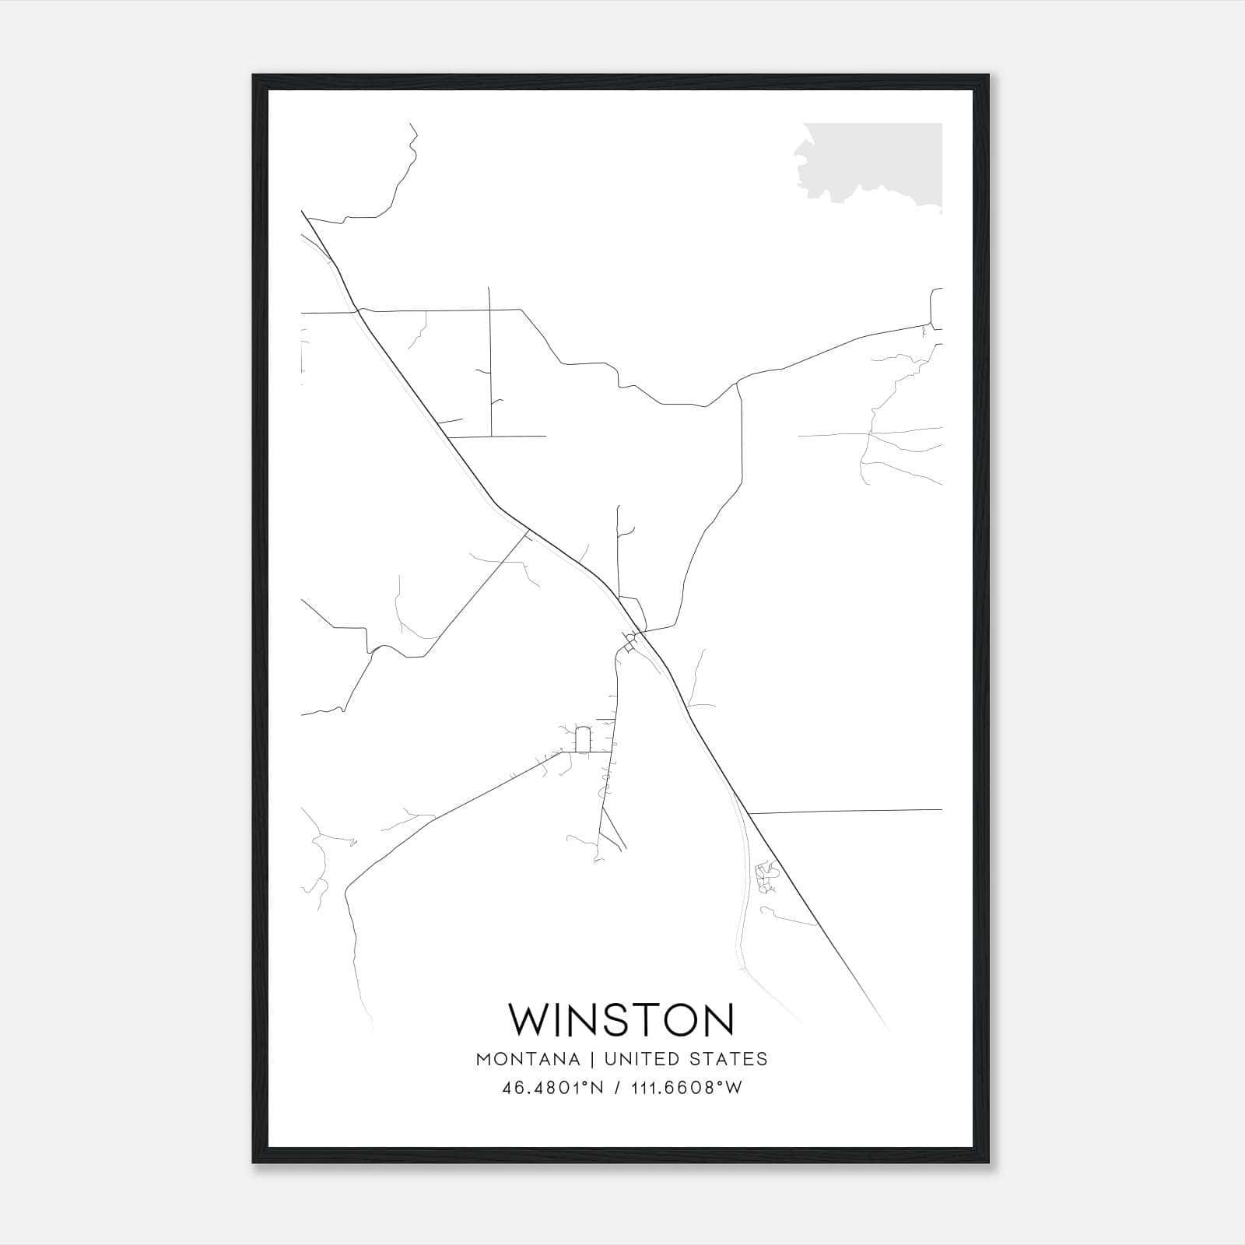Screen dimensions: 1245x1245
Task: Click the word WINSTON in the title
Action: click(621, 1020)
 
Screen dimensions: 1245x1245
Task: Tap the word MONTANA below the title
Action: click(528, 1059)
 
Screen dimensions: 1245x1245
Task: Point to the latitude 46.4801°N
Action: click(552, 1088)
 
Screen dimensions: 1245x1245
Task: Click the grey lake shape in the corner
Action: click(871, 160)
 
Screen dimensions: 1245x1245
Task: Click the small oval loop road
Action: click(582, 739)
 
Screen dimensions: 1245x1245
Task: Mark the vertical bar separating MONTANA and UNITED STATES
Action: click(591, 1059)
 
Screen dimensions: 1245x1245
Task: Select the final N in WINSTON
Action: click(717, 1020)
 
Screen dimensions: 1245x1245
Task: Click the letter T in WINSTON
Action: click(638, 1020)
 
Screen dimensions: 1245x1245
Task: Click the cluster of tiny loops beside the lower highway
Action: click(766, 875)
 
